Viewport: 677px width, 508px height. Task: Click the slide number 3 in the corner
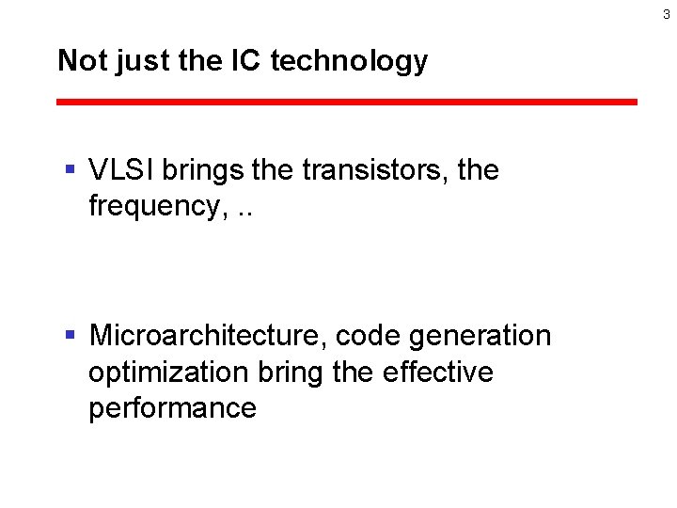(x=666, y=14)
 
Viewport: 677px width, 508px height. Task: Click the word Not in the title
(x=78, y=61)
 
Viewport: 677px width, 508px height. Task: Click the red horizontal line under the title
(x=347, y=102)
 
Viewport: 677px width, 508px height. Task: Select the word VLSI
(x=122, y=170)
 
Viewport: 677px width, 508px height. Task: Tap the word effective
(x=438, y=372)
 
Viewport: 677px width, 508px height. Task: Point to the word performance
(x=172, y=408)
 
